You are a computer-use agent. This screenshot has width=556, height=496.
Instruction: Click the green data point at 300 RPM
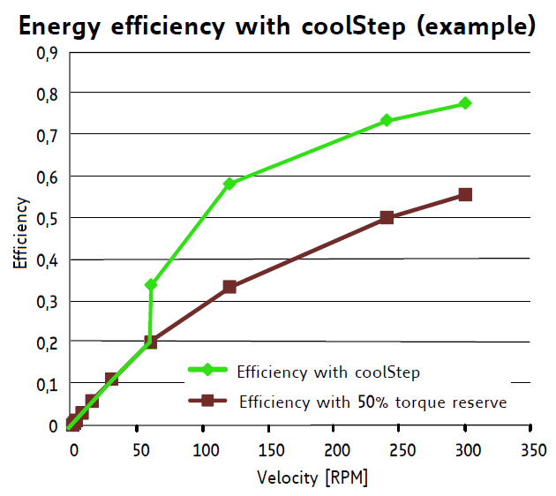point(465,103)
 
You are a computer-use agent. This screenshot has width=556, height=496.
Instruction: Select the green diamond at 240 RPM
point(387,120)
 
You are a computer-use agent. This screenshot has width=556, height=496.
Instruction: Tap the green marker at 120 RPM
point(229,184)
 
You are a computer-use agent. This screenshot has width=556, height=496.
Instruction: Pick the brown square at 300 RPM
point(465,194)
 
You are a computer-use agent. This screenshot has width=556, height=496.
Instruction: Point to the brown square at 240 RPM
point(387,217)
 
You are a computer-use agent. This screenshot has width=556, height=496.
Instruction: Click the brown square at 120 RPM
point(229,287)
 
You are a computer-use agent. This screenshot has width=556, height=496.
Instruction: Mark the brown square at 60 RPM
point(150,342)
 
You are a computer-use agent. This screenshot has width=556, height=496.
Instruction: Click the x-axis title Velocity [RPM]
point(312,477)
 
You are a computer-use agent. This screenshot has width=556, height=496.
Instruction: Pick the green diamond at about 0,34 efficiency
point(151,284)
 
